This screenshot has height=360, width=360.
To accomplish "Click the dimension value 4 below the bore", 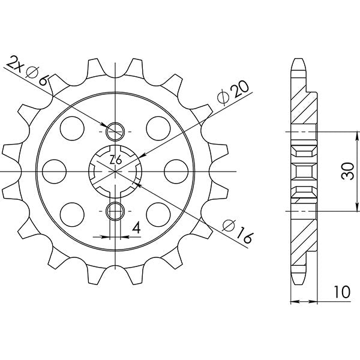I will (136, 228).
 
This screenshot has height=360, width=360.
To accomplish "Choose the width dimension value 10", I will (342, 293).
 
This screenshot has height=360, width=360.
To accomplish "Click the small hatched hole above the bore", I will (114, 130).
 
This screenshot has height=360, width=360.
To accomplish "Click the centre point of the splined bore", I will (114, 170).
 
